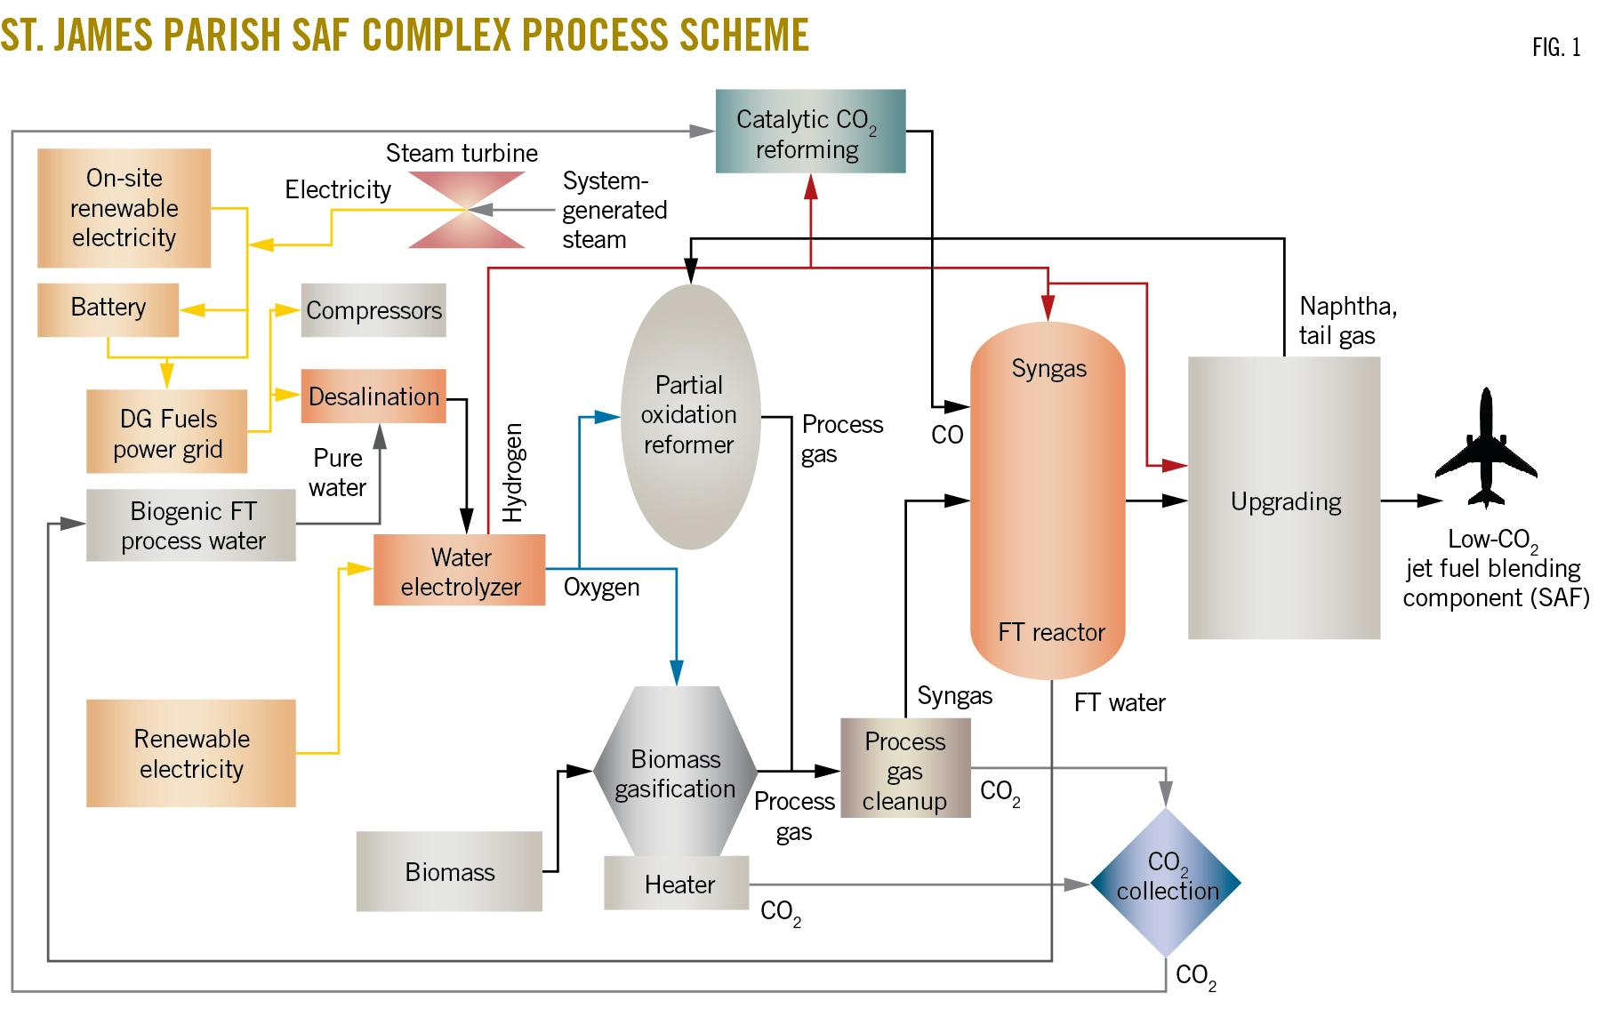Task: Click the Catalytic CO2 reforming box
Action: pos(810,132)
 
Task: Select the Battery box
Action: pos(108,309)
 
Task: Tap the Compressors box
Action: pos(373,310)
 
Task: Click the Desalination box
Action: pos(373,396)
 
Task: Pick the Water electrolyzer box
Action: pos(460,571)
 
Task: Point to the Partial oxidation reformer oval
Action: pos(689,415)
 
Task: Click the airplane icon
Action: pos(1485,449)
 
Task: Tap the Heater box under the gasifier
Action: pos(678,884)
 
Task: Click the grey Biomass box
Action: pos(449,871)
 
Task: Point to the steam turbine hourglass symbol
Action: pos(466,210)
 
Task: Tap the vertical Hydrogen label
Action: pos(513,472)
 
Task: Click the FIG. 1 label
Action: pos(1555,47)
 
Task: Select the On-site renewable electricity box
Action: pos(124,208)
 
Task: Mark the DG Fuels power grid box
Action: pos(167,432)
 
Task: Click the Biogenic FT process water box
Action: pos(191,525)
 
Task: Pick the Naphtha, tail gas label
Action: pos(1346,320)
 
